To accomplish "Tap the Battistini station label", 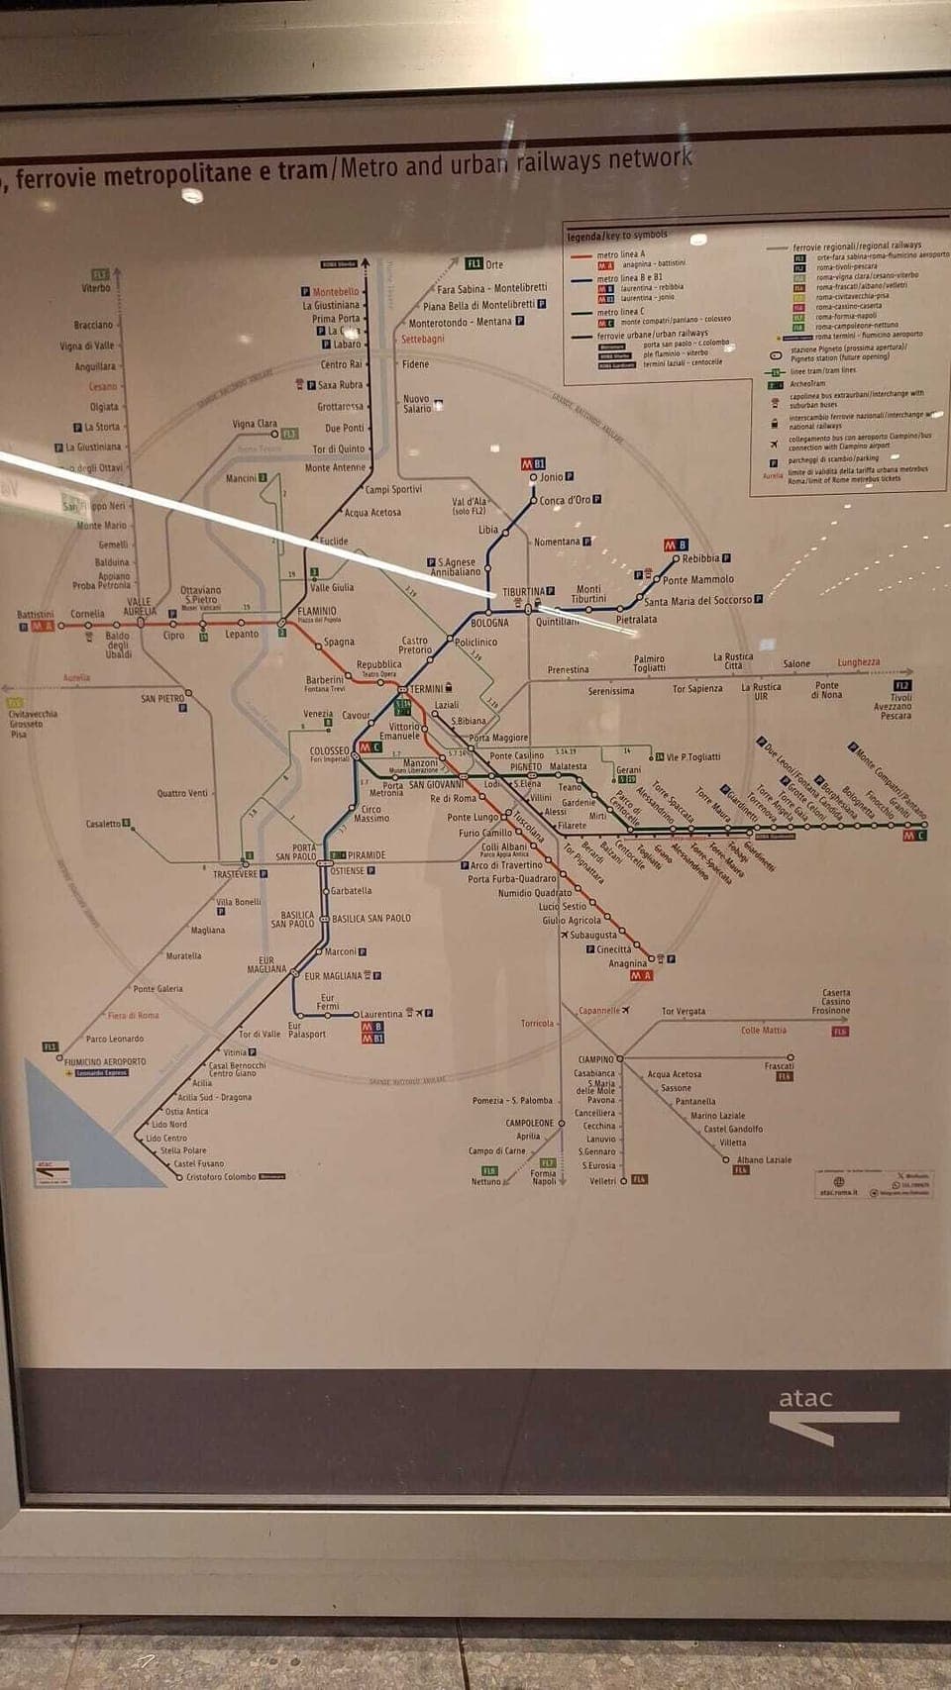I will click(36, 615).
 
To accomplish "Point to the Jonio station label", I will click(551, 477).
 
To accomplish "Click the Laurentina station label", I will click(381, 1014).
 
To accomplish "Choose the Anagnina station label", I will click(627, 963).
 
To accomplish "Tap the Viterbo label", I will click(96, 288).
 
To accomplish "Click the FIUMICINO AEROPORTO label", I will click(105, 1061).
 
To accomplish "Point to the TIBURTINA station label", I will click(523, 592).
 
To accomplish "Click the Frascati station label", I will click(779, 1066).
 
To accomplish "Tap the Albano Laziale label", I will click(764, 1159).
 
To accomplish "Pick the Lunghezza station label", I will click(858, 662).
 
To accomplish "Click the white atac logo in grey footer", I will click(805, 1398).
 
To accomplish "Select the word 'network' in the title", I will click(650, 158).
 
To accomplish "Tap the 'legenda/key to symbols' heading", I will click(617, 236).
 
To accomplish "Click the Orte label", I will click(494, 264).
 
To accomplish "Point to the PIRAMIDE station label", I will click(367, 855).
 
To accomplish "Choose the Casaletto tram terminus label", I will click(103, 824).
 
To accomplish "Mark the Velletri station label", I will click(602, 1181).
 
